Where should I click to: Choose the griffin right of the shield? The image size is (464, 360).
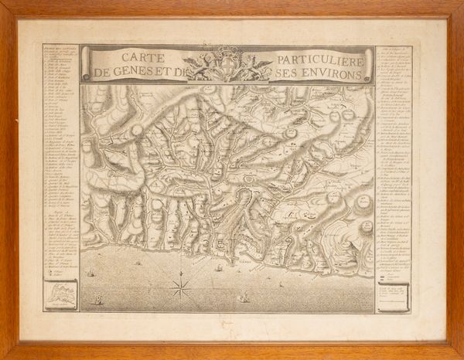[254, 66]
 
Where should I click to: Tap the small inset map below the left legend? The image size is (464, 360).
[60, 294]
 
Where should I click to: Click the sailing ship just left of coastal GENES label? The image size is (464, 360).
[219, 268]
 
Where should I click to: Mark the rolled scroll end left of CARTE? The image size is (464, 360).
[86, 64]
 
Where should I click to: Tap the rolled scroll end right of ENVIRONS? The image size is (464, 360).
[370, 64]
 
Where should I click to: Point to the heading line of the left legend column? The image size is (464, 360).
[60, 48]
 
